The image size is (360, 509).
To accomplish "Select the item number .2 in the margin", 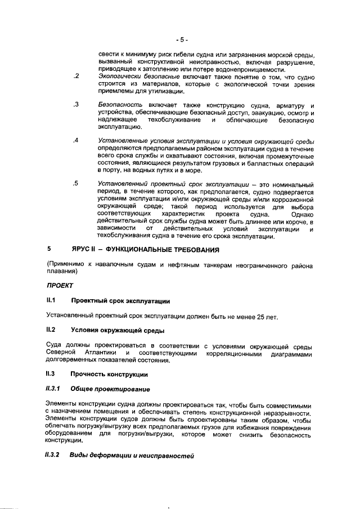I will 76,75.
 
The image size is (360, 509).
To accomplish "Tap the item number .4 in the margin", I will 76,140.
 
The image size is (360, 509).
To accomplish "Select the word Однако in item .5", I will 300,229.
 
